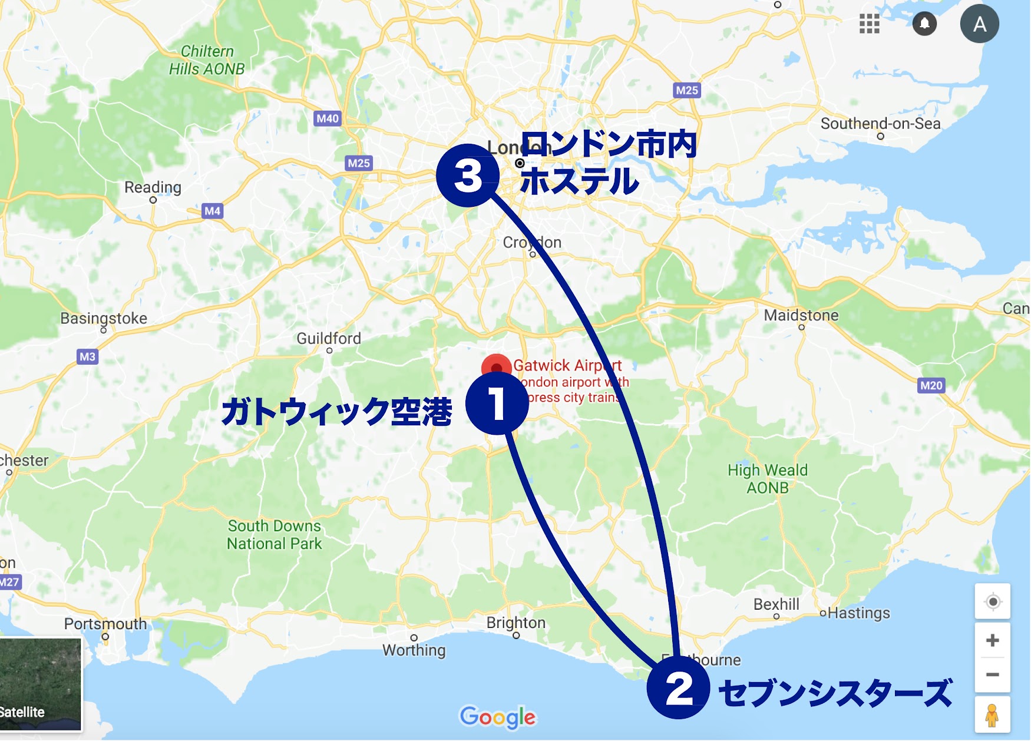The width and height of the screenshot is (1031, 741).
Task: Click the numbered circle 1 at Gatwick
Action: (497, 403)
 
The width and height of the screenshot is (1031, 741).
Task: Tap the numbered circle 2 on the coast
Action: (678, 687)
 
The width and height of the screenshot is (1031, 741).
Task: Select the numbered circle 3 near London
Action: (468, 176)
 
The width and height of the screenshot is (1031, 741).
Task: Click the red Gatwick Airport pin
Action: (496, 365)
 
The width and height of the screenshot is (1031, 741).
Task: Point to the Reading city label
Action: (153, 187)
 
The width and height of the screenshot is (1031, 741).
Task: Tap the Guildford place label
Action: (328, 339)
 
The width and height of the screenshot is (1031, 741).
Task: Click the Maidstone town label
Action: (801, 316)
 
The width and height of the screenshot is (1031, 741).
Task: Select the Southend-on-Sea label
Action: (880, 124)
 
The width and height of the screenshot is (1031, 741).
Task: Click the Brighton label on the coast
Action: (515, 623)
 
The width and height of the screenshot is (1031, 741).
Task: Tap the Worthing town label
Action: (414, 650)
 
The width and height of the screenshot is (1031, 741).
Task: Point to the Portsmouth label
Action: (105, 624)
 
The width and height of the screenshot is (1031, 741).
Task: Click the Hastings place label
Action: (858, 613)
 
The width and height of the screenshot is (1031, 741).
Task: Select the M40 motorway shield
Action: (328, 118)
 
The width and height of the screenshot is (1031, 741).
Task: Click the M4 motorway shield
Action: (212, 211)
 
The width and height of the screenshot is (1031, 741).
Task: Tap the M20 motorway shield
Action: (931, 385)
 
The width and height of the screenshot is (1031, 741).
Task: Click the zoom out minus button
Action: (992, 674)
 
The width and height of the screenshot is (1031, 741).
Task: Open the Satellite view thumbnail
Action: (40, 684)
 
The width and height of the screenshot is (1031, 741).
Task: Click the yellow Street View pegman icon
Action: (992, 715)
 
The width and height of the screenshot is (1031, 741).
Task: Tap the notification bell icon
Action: (924, 24)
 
